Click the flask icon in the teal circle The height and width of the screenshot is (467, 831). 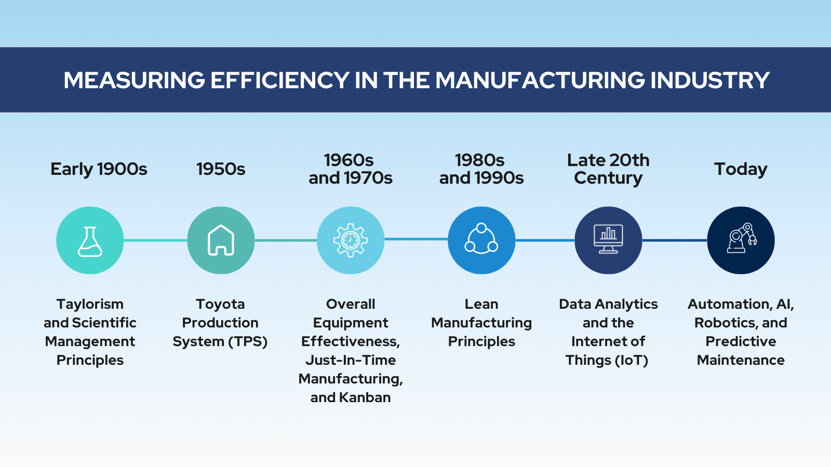pos(90,242)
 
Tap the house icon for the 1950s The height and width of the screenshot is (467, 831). pos(221,240)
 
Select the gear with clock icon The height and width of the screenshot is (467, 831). pos(350,240)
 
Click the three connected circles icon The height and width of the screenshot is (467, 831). pos(481,239)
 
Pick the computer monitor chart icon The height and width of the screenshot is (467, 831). pos(608,239)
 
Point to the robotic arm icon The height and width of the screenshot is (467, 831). pos(741,238)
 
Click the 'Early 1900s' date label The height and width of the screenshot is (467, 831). pos(99,169)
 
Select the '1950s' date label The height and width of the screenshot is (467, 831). pos(221,169)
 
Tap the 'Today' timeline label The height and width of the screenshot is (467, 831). pos(741,169)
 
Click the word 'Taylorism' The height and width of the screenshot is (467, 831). pos(90,304)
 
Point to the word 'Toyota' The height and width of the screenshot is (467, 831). pos(220,304)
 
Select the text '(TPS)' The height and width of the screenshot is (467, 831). pos(248,341)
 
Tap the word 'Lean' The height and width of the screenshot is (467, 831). pos(481,304)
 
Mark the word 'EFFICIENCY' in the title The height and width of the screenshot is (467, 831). pos(280,80)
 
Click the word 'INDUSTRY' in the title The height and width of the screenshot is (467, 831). pos(710,80)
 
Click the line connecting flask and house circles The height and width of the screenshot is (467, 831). pos(155,241)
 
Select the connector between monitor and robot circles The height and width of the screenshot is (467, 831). pos(675,241)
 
